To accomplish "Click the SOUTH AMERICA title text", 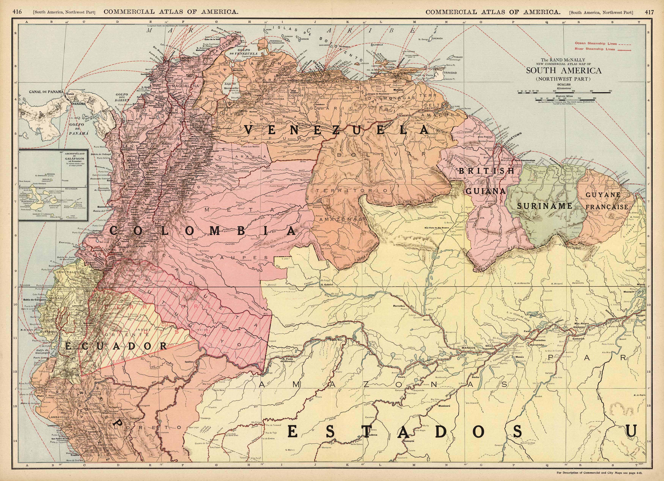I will pyautogui.click(x=564, y=71).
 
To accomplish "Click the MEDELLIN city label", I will pyautogui.click(x=135, y=161).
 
